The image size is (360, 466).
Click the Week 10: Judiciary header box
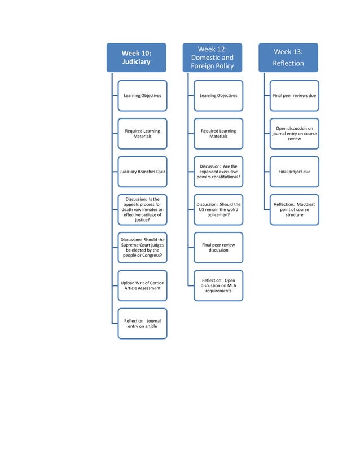click(137, 58)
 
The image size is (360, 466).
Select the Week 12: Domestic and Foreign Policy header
click(212, 58)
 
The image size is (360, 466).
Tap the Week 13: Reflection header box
click(288, 58)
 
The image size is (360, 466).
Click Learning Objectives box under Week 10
click(142, 95)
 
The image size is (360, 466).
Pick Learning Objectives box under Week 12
click(218, 95)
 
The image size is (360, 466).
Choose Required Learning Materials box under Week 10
click(142, 134)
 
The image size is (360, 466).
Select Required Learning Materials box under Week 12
click(218, 134)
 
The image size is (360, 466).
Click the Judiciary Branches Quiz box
click(142, 172)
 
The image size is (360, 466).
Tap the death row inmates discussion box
click(142, 209)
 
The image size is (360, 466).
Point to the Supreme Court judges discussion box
click(142, 248)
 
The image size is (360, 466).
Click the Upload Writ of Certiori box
click(142, 285)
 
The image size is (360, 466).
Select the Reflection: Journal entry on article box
click(142, 323)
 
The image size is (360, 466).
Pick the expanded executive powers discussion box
click(218, 172)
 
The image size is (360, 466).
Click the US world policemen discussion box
click(218, 209)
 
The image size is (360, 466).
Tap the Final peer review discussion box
click(218, 248)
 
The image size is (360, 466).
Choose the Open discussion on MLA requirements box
click(218, 285)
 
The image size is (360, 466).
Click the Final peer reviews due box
click(294, 95)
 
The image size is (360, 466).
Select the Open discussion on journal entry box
click(294, 134)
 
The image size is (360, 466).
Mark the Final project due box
click(294, 172)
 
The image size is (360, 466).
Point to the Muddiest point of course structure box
click(294, 209)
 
